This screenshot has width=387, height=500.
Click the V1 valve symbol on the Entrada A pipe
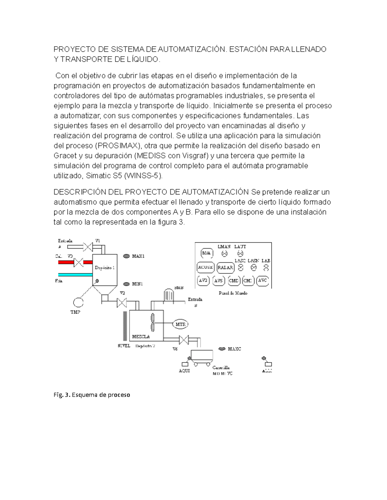click(x=87, y=247)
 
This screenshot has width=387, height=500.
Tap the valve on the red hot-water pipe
click(x=79, y=262)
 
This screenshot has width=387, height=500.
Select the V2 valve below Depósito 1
click(x=122, y=303)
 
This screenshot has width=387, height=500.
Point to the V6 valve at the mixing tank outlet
click(x=184, y=340)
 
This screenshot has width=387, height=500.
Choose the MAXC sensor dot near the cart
click(x=222, y=349)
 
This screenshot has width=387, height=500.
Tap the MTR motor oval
click(x=180, y=324)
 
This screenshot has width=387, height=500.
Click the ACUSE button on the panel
click(x=205, y=267)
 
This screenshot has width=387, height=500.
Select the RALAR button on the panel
click(x=225, y=267)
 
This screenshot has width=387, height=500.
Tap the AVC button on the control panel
click(x=263, y=280)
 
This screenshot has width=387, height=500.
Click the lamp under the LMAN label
click(x=224, y=254)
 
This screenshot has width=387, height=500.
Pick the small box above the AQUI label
click(x=185, y=364)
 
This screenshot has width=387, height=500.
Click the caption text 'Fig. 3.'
click(x=62, y=395)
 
